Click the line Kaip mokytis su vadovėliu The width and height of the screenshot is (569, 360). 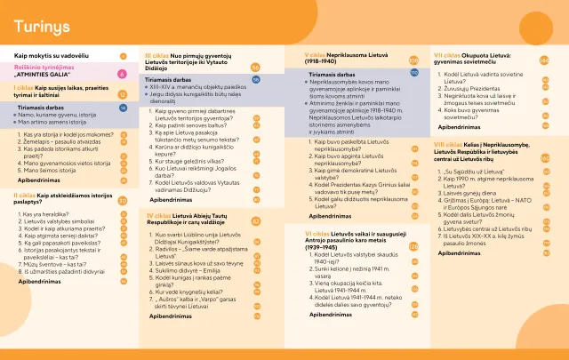(x=53, y=55)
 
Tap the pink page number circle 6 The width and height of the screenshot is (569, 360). (x=122, y=72)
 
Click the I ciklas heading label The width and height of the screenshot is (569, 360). (x=24, y=90)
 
